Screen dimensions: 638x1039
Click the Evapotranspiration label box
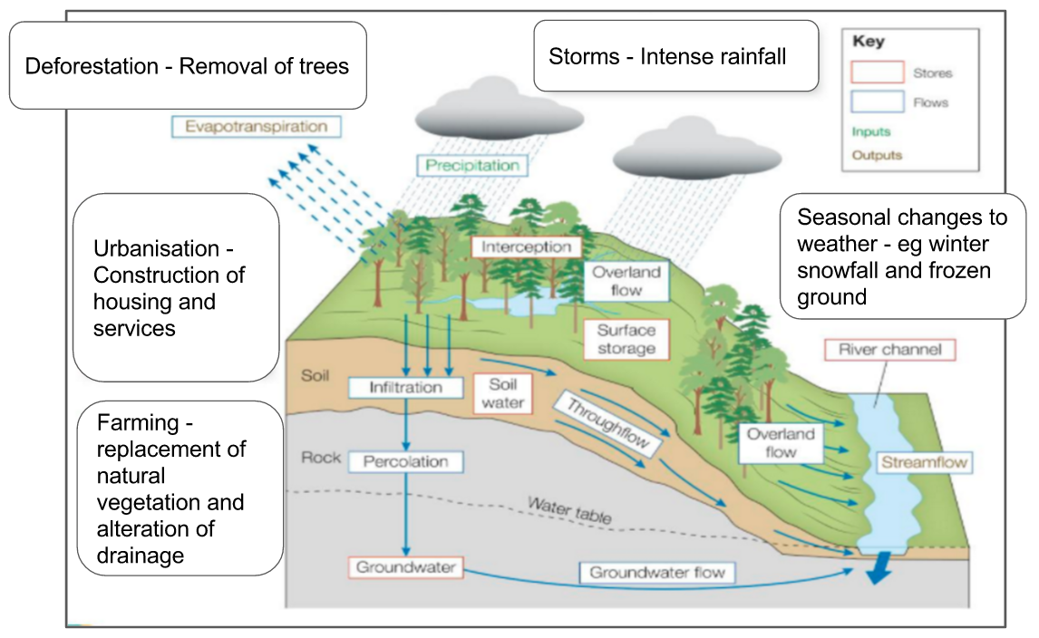coord(256,127)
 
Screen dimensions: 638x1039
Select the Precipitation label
coord(472,165)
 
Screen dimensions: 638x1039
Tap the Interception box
coord(526,246)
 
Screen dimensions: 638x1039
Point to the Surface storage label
coord(626,340)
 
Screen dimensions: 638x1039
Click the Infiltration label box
coord(405,388)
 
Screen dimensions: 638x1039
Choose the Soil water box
coord(502,394)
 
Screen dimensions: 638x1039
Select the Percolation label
coord(405,462)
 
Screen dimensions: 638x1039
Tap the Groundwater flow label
coord(657,573)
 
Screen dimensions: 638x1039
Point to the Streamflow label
coord(924,463)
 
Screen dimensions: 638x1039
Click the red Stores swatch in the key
coord(877,72)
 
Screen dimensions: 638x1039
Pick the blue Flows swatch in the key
coord(877,102)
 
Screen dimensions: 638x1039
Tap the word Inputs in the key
coord(871,131)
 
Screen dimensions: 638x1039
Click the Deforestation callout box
coord(188,66)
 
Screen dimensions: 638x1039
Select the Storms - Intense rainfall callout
coord(675,57)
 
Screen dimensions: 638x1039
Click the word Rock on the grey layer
coord(321,458)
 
